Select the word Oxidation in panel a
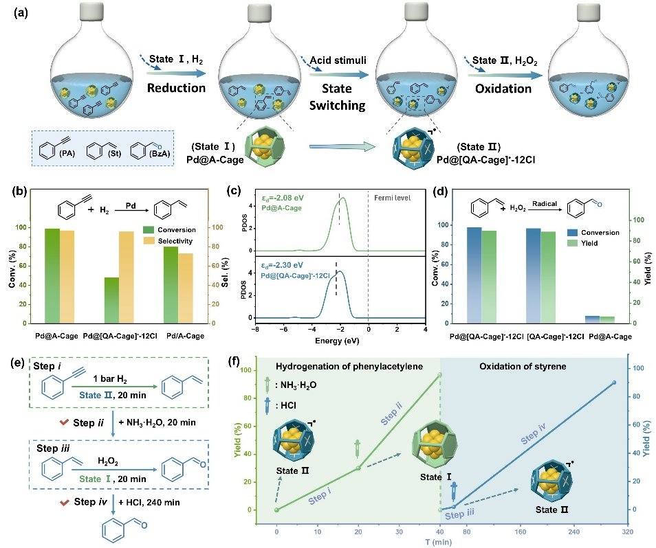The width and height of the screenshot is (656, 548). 504,88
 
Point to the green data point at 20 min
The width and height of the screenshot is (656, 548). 358,468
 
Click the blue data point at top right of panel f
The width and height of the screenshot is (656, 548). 614,383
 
